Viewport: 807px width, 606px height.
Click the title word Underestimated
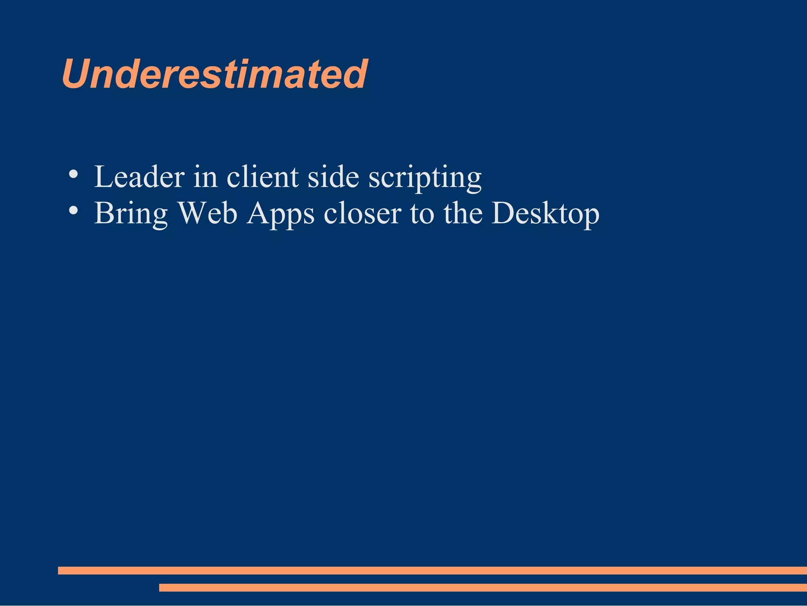(x=215, y=74)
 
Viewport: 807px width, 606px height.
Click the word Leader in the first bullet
(x=139, y=177)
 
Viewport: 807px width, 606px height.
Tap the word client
(x=262, y=177)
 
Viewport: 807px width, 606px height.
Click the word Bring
(x=131, y=214)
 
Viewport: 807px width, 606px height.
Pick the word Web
(x=208, y=213)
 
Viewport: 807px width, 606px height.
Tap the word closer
(x=362, y=213)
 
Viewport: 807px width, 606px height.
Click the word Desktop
(x=545, y=214)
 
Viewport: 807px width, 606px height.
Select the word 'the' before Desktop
(x=463, y=213)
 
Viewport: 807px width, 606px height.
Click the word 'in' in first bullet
(x=205, y=177)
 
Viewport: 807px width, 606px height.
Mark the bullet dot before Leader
(x=73, y=174)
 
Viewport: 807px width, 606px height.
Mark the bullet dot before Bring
(x=73, y=210)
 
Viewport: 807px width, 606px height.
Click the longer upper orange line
(x=432, y=571)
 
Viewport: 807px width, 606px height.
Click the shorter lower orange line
(x=483, y=587)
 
